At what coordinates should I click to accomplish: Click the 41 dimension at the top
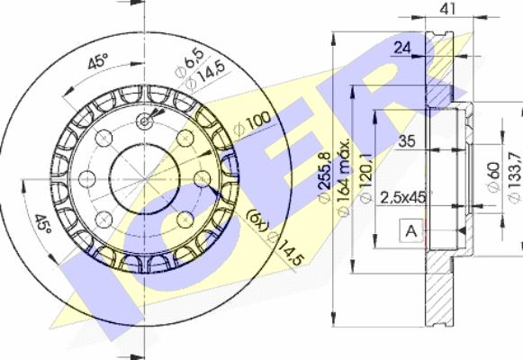[447, 9]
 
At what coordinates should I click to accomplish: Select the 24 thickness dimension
[402, 49]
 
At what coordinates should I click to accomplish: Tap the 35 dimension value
[407, 141]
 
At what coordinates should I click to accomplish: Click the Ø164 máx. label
[344, 177]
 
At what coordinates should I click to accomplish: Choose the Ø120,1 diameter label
[366, 178]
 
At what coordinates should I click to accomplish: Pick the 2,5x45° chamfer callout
[404, 198]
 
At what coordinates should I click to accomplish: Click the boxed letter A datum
[411, 230]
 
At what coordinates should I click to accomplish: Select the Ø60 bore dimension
[493, 177]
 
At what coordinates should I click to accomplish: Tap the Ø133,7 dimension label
[514, 177]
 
